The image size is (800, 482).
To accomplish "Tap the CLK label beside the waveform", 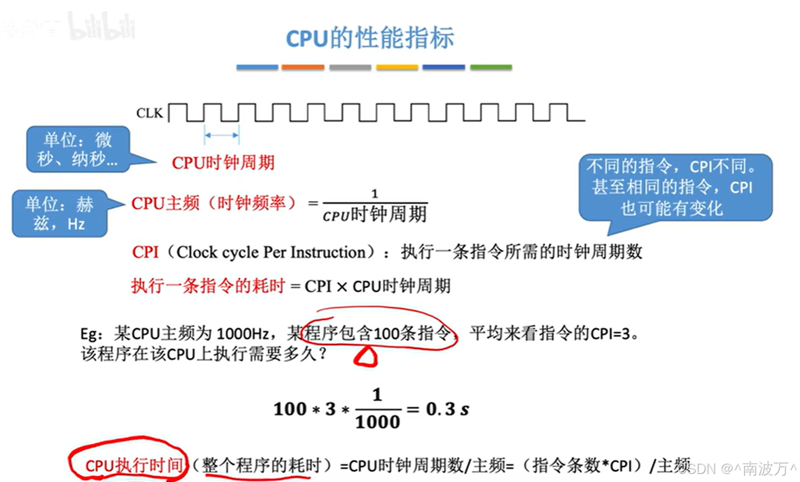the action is pos(149,113).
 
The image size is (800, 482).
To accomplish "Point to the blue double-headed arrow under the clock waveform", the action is pos(222,135).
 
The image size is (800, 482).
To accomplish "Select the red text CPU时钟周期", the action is pos(223,163).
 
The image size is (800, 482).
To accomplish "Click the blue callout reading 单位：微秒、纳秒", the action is pos(77,150).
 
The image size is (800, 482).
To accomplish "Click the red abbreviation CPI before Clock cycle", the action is pos(145,252).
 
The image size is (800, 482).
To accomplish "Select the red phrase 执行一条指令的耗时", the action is pos(207,285).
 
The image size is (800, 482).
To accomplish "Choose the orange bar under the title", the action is pos(303,67).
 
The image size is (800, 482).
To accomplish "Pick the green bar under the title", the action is pos(491,67).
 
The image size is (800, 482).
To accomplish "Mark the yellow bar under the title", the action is pos(397,67).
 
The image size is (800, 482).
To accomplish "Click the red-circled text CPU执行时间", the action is pos(133,465).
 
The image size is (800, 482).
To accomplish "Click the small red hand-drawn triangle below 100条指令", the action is pos(365,356).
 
